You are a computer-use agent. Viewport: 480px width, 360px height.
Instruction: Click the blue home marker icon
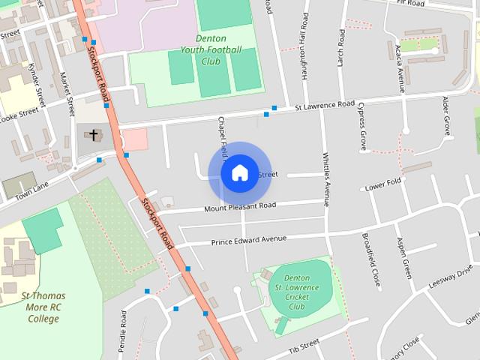(x=239, y=172)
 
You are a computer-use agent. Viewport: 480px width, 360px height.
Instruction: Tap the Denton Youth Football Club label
(x=211, y=49)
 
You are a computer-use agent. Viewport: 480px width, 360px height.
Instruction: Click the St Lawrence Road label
(x=324, y=106)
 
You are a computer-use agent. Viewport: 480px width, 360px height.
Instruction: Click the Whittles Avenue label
(x=326, y=180)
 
